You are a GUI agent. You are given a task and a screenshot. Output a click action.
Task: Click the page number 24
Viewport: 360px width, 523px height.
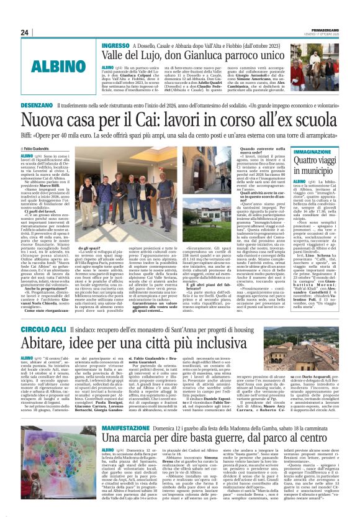(x=25, y=32)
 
